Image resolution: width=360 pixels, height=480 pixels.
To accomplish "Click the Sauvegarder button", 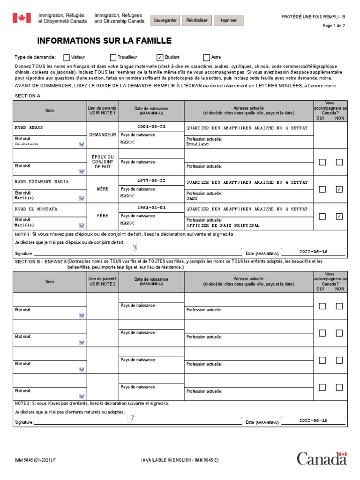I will (x=165, y=21).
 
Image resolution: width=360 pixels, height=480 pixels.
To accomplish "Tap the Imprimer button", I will (x=228, y=21).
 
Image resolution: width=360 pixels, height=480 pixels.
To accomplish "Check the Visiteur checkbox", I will (x=67, y=58).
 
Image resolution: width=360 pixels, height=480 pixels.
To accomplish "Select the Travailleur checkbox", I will (x=113, y=58).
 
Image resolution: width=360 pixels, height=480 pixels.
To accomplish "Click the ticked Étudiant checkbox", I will (x=160, y=58).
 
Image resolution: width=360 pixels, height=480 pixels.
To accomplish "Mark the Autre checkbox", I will (x=206, y=58).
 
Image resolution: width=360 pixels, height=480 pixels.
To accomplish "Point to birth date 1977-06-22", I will (x=151, y=181).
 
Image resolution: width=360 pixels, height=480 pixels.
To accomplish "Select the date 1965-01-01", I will (x=151, y=208).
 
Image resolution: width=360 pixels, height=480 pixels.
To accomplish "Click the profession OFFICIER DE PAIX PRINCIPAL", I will (x=223, y=225).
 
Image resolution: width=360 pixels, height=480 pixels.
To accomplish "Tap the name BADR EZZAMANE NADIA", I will (x=42, y=181).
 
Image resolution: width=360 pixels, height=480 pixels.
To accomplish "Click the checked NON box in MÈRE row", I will (x=339, y=189).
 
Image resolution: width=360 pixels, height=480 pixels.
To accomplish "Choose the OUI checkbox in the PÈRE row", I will (x=322, y=217).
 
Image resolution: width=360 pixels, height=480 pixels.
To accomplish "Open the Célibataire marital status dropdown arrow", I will (x=82, y=144).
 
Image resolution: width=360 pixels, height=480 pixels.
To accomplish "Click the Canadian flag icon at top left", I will (x=21, y=18).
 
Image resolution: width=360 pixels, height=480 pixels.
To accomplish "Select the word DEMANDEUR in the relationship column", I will (x=103, y=135).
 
